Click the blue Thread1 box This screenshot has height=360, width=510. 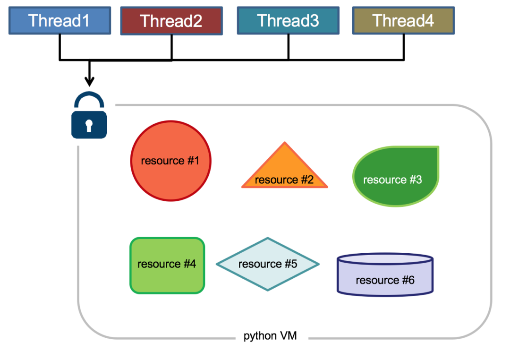[x=59, y=21]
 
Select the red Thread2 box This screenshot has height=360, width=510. [x=171, y=21]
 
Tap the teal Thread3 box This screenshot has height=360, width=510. [x=288, y=21]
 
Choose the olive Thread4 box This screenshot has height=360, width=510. [x=403, y=21]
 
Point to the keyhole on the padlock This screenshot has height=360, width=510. [x=89, y=125]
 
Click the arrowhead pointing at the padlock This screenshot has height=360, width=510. [x=89, y=81]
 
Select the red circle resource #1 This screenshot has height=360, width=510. [x=170, y=161]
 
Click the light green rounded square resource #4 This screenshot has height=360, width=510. [x=167, y=265]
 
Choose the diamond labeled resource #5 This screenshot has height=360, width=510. [x=268, y=264]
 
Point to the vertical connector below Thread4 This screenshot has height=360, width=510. [x=404, y=47]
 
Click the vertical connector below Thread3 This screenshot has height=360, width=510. [x=289, y=47]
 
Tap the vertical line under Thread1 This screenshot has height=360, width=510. [x=59, y=47]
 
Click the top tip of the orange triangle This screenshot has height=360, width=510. [x=284, y=143]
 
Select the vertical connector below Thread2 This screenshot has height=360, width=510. [x=171, y=47]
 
